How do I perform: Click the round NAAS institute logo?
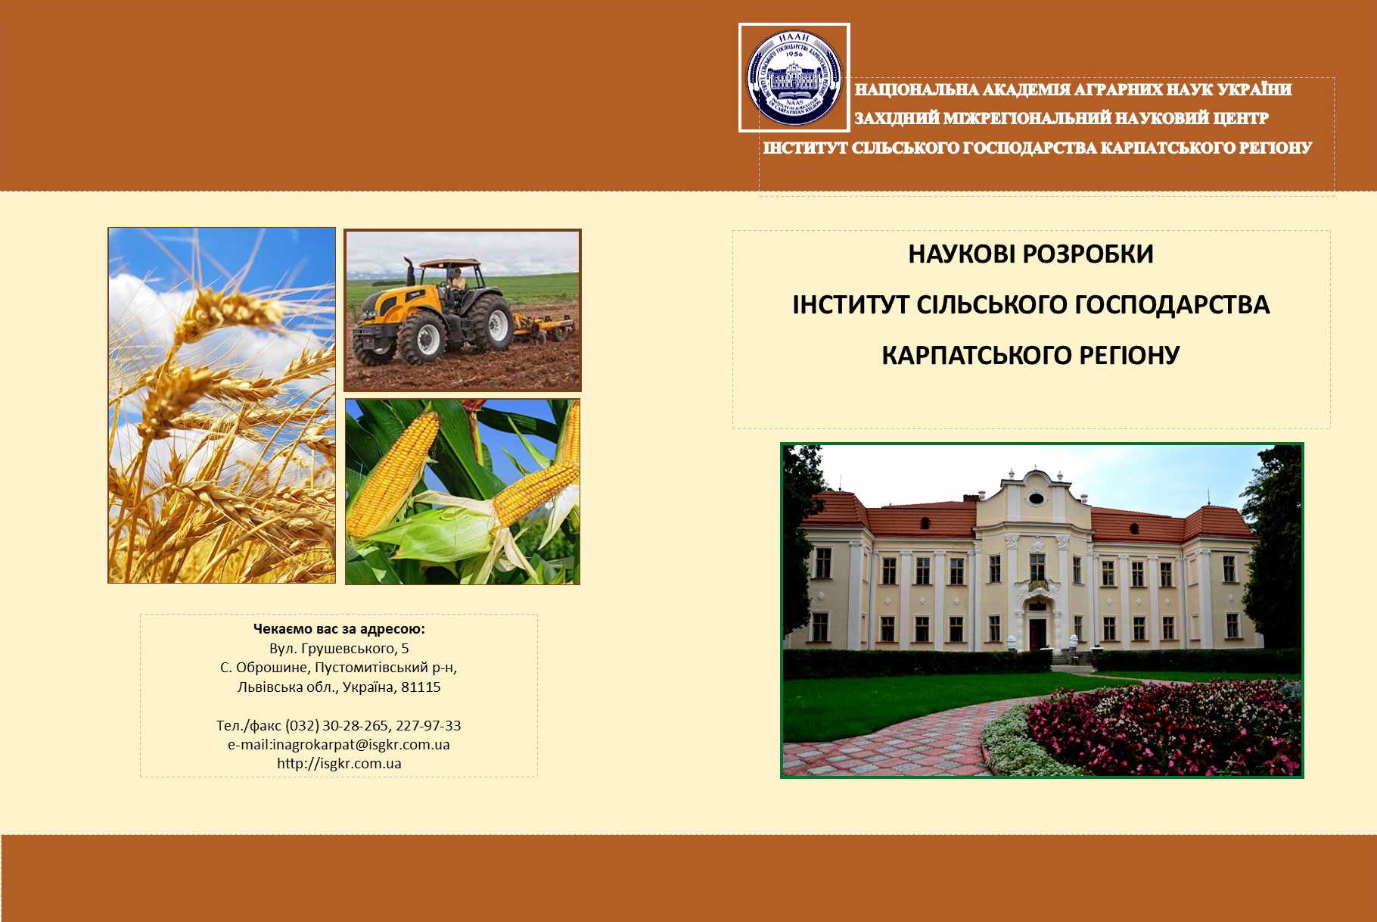pyautogui.click(x=794, y=77)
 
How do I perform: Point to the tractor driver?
pyautogui.click(x=456, y=281)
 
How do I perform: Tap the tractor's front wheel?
pyautogui.click(x=421, y=338)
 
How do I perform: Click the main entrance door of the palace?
pyautogui.click(x=1037, y=633)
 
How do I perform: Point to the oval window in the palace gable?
pyautogui.click(x=1037, y=498)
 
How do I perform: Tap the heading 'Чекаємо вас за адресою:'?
pyautogui.click(x=339, y=629)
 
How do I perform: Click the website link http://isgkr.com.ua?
pyautogui.click(x=339, y=764)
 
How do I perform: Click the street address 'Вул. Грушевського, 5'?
pyautogui.click(x=339, y=649)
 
